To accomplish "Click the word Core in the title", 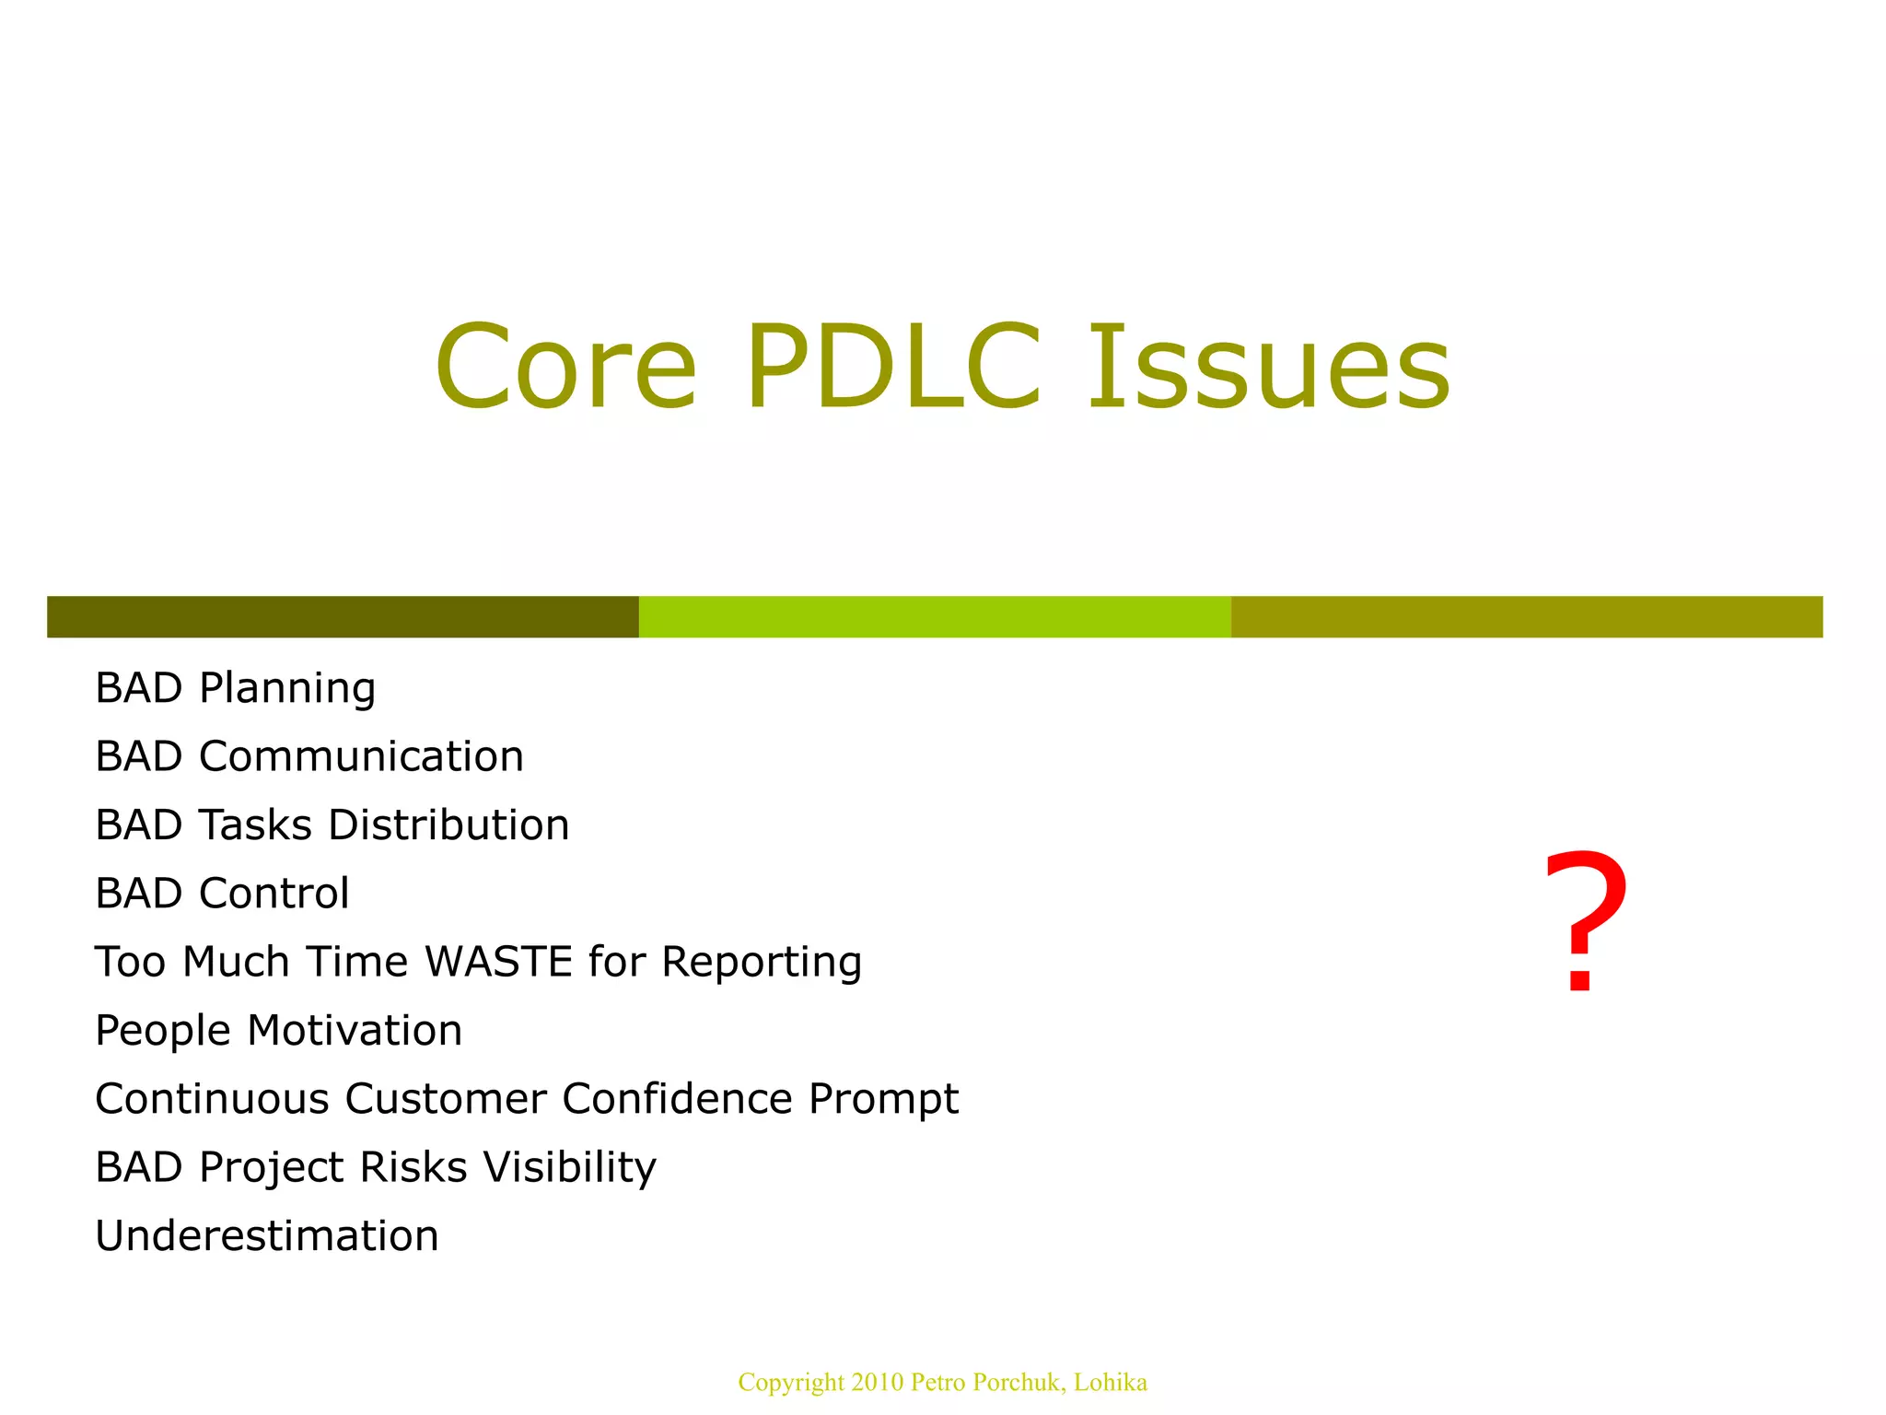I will pyautogui.click(x=565, y=367).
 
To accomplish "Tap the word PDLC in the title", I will pyautogui.click(x=893, y=367).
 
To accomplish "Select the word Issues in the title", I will pyautogui.click(x=1268, y=367).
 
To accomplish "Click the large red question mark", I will pyautogui.click(x=1585, y=921).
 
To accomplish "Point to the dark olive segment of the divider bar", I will pyautogui.click(x=343, y=616).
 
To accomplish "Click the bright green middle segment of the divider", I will pyautogui.click(x=934, y=616).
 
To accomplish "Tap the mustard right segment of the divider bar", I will pyautogui.click(x=1526, y=616).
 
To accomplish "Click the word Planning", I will pyautogui.click(x=287, y=689).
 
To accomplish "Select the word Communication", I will pyautogui.click(x=361, y=756).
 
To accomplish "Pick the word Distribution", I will pyautogui.click(x=448, y=824).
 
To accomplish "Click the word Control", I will pyautogui.click(x=274, y=893).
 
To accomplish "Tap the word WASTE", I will pyautogui.click(x=499, y=962).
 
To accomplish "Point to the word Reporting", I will pyautogui.click(x=762, y=963).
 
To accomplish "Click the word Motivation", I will pyautogui.click(x=355, y=1030).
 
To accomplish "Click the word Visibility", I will pyautogui.click(x=569, y=1167).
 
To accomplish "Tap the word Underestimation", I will pyautogui.click(x=267, y=1235).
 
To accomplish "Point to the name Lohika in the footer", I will pyautogui.click(x=1110, y=1382).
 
